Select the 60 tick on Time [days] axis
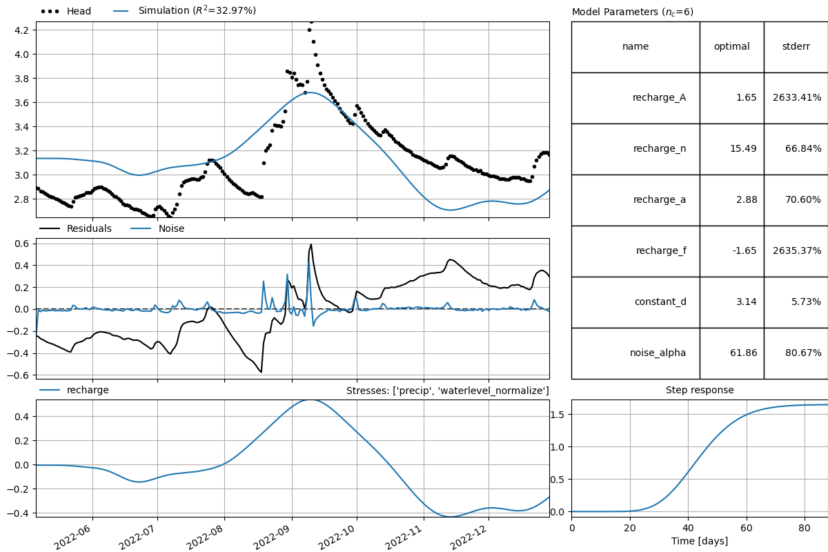pos(746,528)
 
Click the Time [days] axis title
pos(699,542)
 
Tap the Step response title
pos(699,390)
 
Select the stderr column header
pos(795,47)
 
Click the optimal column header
pos(731,47)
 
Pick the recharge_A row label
pos(658,98)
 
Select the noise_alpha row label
pos(658,353)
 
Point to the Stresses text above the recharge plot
pos(452,391)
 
